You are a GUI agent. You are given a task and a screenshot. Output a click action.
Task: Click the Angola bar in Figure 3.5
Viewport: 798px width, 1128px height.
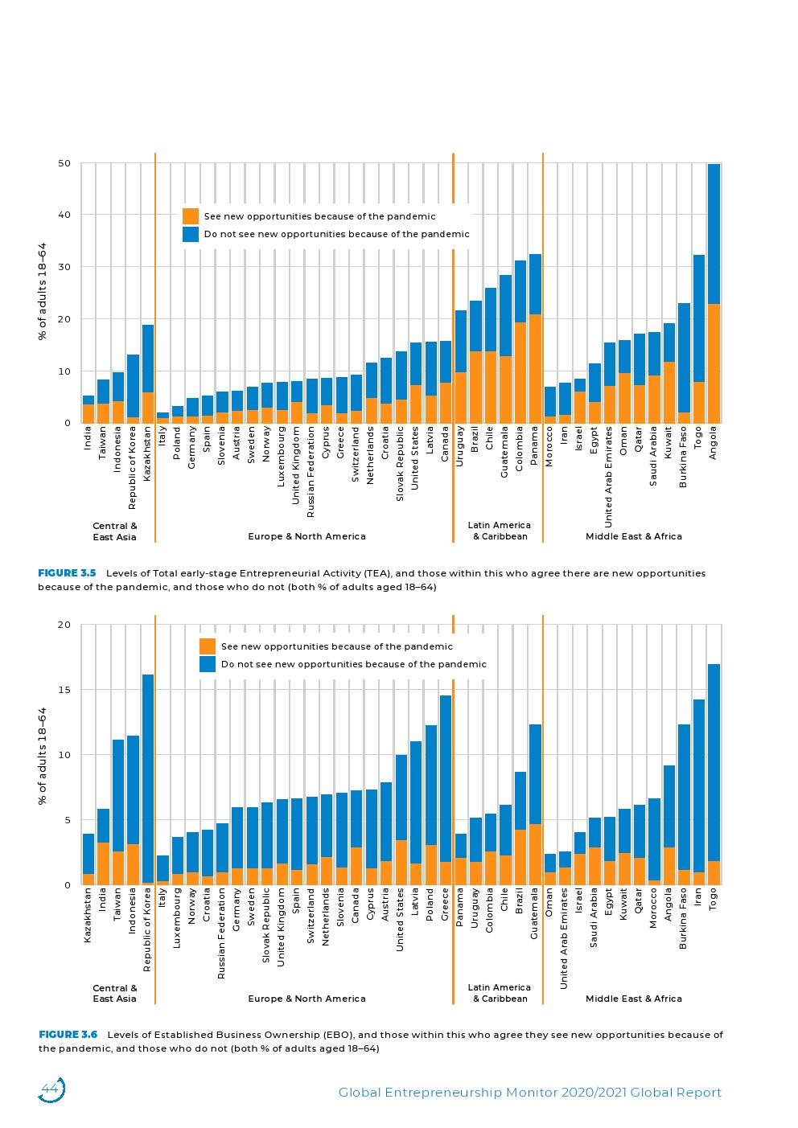click(714, 293)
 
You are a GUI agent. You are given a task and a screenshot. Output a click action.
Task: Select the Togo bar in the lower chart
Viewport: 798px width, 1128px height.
click(714, 774)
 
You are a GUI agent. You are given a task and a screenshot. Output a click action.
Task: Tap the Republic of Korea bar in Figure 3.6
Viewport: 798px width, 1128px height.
click(147, 780)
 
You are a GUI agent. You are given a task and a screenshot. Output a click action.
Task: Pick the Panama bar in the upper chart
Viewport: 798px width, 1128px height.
click(536, 338)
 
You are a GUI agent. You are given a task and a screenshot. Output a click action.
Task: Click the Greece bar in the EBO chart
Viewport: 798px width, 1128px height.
click(446, 790)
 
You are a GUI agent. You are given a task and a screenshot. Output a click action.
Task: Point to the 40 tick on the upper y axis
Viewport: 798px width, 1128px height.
click(64, 215)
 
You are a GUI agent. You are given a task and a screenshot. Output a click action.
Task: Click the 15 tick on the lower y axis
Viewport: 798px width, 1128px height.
click(64, 690)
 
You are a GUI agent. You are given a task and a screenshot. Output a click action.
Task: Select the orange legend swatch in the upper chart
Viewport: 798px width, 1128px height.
click(191, 216)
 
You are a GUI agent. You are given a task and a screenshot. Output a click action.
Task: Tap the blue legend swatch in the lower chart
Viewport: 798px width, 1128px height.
click(207, 664)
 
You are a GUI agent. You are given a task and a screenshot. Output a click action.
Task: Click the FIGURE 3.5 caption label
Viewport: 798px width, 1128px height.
click(67, 573)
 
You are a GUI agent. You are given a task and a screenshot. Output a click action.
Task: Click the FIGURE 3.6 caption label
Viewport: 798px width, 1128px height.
click(68, 1035)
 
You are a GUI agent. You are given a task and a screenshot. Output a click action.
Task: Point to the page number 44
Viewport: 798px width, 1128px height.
click(50, 1089)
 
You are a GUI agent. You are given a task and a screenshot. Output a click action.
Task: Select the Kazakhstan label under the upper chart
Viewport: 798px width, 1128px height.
click(147, 453)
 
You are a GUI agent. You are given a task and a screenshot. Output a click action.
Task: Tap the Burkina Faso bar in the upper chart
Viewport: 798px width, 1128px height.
click(684, 363)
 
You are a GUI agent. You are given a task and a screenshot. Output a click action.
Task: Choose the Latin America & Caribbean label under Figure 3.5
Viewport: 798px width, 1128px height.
click(500, 531)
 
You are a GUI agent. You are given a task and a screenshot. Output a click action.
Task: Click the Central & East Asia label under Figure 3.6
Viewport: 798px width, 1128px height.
click(115, 993)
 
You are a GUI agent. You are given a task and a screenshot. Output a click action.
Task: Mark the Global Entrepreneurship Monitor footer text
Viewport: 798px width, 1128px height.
click(530, 1093)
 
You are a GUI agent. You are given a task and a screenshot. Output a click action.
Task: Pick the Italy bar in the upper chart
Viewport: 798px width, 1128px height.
click(162, 418)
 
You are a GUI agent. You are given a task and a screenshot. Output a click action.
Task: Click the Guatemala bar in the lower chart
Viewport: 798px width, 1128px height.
click(536, 805)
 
